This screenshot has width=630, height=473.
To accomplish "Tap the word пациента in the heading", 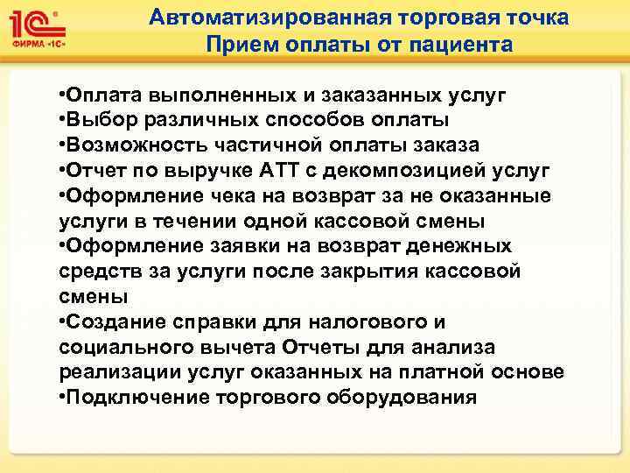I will tap(458, 44).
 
